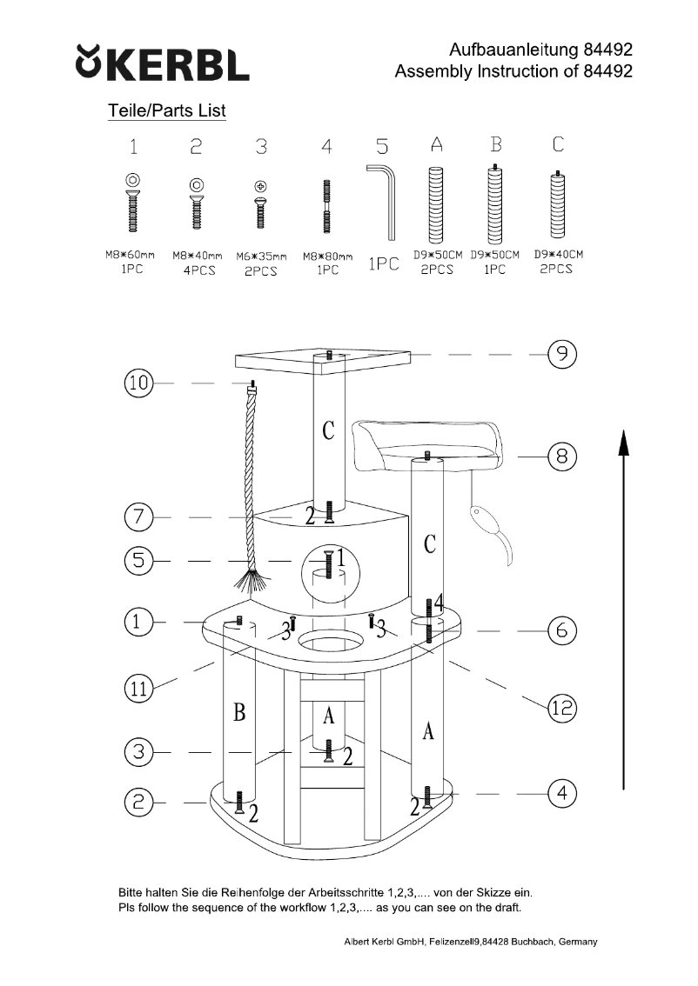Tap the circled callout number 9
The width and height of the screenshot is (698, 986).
click(x=562, y=354)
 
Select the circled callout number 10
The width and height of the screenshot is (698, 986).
click(x=138, y=383)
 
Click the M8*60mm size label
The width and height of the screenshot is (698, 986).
click(x=124, y=256)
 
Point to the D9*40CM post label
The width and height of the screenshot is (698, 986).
click(x=558, y=255)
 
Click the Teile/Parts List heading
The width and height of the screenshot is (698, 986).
click(x=166, y=111)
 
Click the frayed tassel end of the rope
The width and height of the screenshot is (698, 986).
click(x=252, y=584)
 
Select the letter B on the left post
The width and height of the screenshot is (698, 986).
click(x=239, y=713)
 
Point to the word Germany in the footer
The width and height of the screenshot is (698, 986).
click(x=577, y=943)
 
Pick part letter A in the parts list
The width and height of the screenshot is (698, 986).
click(x=437, y=145)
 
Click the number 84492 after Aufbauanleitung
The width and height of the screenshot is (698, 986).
click(x=601, y=50)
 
